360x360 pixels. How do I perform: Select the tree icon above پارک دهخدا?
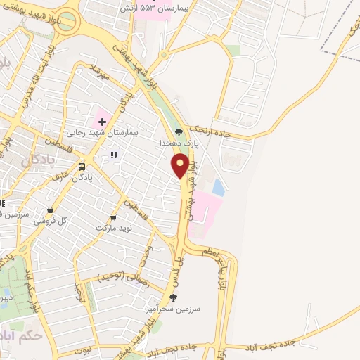pyautogui.click(x=178, y=131)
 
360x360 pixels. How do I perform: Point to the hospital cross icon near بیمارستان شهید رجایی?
pyautogui.click(x=101, y=122)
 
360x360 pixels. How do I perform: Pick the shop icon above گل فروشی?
pyautogui.click(x=51, y=210)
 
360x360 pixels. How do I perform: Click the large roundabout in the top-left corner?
pyautogui.click(x=68, y=23)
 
